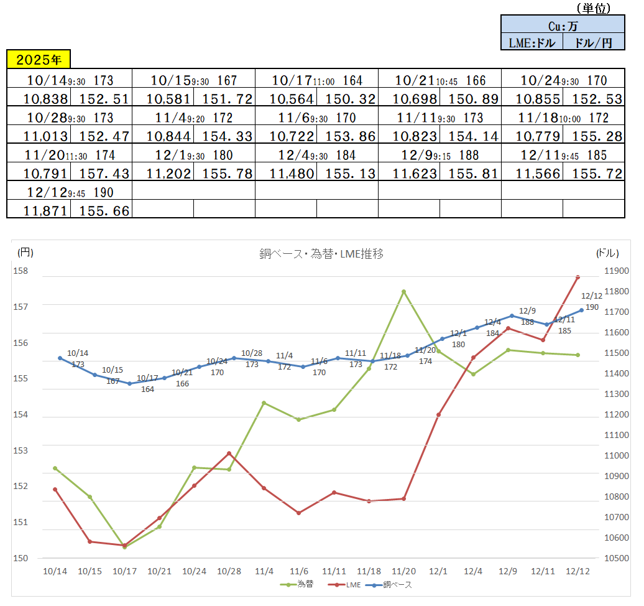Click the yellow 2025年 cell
click(x=39, y=60)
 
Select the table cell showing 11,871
click(x=39, y=211)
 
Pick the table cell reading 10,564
click(x=285, y=100)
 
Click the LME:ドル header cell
click(x=531, y=42)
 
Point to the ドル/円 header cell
click(x=594, y=42)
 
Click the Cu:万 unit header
click(x=563, y=26)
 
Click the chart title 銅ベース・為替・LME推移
click(x=321, y=253)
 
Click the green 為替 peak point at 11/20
click(x=403, y=291)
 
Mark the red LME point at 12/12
click(x=577, y=277)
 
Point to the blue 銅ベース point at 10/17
click(x=129, y=383)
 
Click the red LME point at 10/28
click(x=229, y=454)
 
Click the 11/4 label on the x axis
click(x=264, y=571)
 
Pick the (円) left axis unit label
click(x=25, y=253)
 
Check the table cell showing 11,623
click(x=408, y=173)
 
